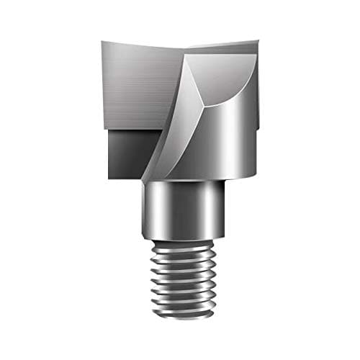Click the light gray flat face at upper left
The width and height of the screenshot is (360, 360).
[x=137, y=86]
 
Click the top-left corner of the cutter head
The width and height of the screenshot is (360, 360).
[x=102, y=42]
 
